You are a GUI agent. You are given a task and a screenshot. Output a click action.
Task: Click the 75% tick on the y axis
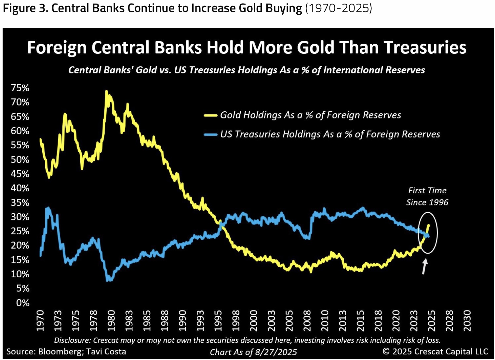20,88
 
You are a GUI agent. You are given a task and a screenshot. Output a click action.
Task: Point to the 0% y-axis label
23,303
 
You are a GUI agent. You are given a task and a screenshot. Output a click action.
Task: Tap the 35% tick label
20,202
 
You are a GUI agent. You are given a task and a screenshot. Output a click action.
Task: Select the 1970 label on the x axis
40,321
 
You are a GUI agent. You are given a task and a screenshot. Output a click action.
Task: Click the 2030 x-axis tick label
467,321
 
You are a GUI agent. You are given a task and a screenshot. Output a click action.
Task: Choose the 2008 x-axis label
307,321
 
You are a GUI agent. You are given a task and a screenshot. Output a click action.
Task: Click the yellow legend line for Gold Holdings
210,115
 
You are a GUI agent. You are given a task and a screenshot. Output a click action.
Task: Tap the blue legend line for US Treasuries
210,134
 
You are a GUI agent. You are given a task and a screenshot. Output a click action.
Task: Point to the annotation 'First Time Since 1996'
427,196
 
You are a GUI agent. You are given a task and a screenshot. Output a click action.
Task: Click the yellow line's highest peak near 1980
106,91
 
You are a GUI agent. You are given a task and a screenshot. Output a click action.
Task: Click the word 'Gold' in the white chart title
315,48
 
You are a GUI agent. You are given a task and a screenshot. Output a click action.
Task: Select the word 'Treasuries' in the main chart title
425,48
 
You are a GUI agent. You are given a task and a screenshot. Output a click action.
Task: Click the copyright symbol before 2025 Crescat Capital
386,352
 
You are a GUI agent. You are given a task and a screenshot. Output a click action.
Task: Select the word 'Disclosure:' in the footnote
72,340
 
